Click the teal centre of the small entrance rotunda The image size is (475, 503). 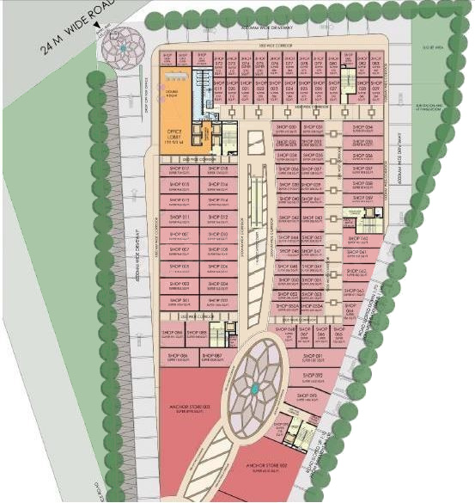(x=122, y=50)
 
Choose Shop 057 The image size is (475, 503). (x=362, y=170)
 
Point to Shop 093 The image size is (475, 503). (x=308, y=396)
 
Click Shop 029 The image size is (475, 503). (x=362, y=90)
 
